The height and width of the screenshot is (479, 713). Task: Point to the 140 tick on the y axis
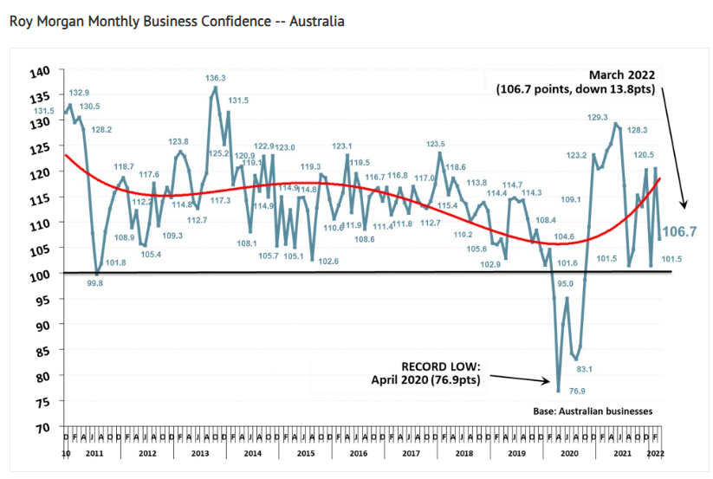tap(41, 72)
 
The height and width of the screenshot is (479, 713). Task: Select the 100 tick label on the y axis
tap(41, 275)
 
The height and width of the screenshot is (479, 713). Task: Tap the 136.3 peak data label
tap(216, 78)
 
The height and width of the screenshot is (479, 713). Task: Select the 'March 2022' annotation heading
tap(623, 75)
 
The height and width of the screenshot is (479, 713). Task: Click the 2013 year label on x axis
tap(199, 453)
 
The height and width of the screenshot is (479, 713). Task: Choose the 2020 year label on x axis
tap(569, 453)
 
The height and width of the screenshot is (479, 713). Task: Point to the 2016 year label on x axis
tap(360, 453)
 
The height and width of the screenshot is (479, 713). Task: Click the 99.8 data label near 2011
tap(95, 283)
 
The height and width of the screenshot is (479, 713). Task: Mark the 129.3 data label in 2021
tap(598, 117)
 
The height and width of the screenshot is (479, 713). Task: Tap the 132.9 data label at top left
tap(79, 92)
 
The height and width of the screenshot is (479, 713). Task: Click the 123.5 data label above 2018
tap(437, 145)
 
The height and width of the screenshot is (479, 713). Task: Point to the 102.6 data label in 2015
tap(327, 261)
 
